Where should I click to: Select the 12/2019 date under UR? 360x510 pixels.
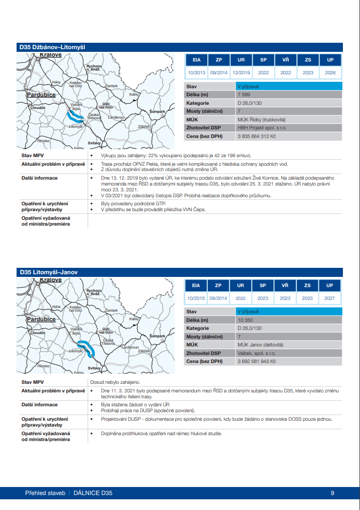(241, 73)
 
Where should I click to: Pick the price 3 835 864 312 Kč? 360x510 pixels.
(257, 137)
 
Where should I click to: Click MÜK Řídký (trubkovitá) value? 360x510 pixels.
(262, 120)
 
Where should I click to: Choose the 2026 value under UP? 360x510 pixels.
(330, 73)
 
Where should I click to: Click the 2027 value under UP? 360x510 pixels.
(330, 298)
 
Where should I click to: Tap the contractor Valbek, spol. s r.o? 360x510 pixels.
(257, 353)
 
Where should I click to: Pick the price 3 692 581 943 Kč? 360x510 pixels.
(257, 362)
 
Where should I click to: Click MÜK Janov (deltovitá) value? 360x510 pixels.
(260, 345)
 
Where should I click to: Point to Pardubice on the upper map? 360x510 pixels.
(41, 95)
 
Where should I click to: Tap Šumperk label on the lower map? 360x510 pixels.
(157, 336)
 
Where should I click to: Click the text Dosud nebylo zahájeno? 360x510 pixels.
(115, 382)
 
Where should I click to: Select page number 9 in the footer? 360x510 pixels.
(332, 493)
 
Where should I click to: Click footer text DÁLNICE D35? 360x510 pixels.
(93, 493)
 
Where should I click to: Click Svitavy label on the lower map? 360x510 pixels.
(94, 368)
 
